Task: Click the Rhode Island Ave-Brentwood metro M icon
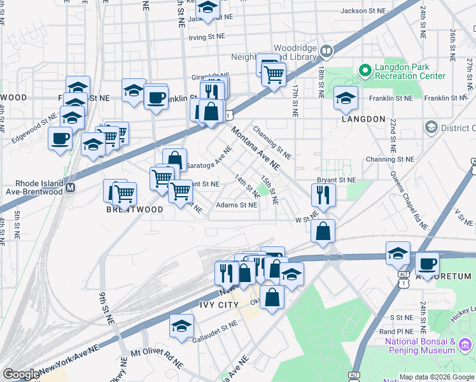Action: [x=71, y=188]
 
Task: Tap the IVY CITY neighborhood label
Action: [x=220, y=305]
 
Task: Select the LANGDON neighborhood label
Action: [x=363, y=119]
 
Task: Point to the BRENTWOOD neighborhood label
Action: [x=130, y=209]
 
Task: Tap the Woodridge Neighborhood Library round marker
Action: [x=326, y=50]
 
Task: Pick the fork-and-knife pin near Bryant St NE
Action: [x=323, y=195]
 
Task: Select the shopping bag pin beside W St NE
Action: [x=323, y=230]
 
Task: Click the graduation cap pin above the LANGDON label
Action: [x=346, y=97]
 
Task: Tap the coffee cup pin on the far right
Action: [x=427, y=262]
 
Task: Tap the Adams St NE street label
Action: [x=236, y=205]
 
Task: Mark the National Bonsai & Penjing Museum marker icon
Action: [x=466, y=345]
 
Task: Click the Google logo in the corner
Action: [x=21, y=374]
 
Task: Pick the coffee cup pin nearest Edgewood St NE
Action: [x=60, y=138]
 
